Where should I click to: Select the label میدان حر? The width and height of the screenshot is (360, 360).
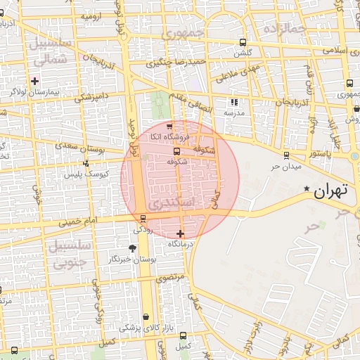[286, 167]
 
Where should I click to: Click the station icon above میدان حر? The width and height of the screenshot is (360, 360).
[285, 155]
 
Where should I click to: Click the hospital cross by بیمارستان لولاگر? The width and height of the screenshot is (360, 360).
[34, 81]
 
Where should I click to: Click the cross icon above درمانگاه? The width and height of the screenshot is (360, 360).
[181, 233]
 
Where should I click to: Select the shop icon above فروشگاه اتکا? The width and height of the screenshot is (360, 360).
[169, 125]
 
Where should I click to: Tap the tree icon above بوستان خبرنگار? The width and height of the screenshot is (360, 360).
[132, 247]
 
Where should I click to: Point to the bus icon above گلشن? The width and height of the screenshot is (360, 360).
[243, 42]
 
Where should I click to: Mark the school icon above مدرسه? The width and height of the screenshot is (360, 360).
[234, 102]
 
